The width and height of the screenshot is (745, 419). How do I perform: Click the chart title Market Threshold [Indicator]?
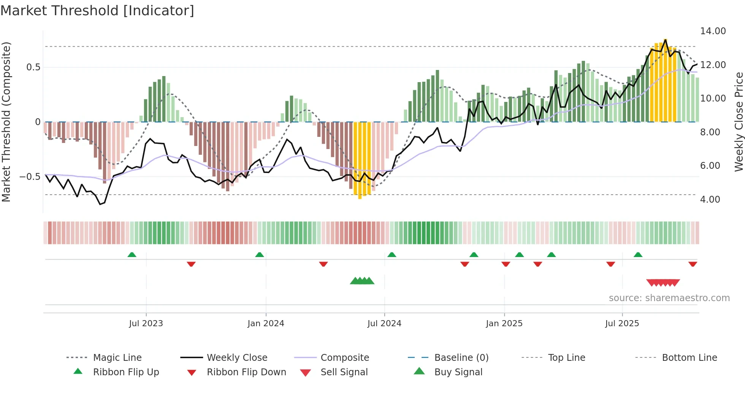pos(97,11)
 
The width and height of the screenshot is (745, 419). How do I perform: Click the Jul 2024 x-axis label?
pos(384,324)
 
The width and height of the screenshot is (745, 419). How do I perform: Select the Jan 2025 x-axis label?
pos(504,324)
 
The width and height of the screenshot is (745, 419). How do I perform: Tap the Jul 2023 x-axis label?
pos(146,324)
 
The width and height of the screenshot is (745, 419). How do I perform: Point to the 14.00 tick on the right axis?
pos(713,31)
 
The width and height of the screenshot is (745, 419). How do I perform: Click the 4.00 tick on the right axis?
pos(710,200)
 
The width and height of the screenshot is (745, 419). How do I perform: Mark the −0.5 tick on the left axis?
pos(30,177)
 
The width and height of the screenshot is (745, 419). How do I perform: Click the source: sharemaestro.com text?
pos(669,298)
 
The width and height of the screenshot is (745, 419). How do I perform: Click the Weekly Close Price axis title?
pos(739,122)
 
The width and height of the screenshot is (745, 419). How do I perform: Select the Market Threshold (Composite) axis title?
pos(6,122)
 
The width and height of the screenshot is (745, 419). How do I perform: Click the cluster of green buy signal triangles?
pos(362,281)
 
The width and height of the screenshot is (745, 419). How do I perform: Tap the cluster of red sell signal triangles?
pos(663,283)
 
